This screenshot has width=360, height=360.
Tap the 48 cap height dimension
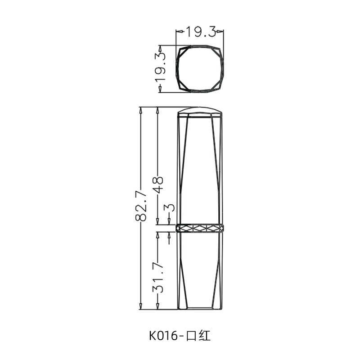tap(158, 185)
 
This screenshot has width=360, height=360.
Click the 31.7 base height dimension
tap(158, 279)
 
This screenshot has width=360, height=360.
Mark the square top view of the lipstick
tap(199, 68)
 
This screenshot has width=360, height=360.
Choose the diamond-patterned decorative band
tap(199, 228)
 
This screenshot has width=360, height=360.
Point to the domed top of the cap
tap(199, 111)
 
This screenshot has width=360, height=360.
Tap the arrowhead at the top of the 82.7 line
tap(141, 110)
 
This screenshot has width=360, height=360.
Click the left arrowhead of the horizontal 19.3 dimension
tap(178, 31)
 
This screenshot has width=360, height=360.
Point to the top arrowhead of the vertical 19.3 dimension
tap(161, 47)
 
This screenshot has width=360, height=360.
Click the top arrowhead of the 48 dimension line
tap(158, 110)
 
